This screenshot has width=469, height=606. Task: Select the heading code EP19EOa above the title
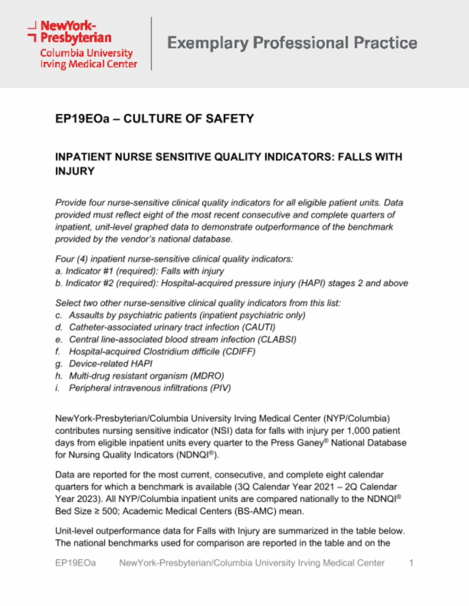click(82, 119)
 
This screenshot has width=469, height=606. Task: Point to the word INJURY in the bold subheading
click(75, 171)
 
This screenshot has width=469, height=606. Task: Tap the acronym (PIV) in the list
click(220, 388)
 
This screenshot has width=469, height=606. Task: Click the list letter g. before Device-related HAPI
click(59, 364)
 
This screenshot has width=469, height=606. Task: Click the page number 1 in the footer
click(411, 563)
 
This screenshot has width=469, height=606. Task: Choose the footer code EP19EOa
click(76, 563)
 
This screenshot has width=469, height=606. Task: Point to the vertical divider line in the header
click(151, 43)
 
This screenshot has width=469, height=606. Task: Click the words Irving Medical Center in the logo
click(88, 64)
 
